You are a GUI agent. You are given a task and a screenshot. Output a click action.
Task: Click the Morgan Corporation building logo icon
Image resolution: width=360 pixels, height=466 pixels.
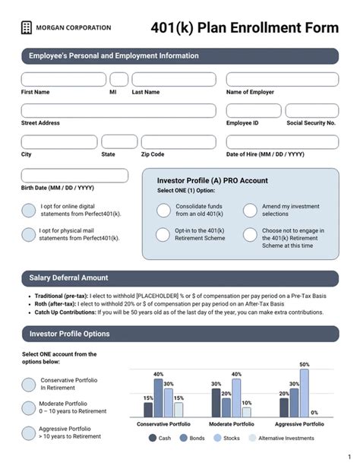pyautogui.click(x=27, y=27)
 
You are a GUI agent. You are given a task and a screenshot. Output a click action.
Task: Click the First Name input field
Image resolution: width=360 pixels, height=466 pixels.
pyautogui.click(x=64, y=79)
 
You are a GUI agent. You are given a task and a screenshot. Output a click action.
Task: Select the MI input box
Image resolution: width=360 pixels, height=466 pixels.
pyautogui.click(x=119, y=79)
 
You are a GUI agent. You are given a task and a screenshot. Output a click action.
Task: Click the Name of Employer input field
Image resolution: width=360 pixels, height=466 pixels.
pyautogui.click(x=282, y=79)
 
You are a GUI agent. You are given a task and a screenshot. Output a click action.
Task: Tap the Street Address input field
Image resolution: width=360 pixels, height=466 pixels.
pyautogui.click(x=118, y=110)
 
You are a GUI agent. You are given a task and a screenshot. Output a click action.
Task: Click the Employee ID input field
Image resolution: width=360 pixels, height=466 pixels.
pyautogui.click(x=252, y=110)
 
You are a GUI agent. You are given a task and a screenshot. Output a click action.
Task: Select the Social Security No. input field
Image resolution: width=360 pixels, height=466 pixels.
pyautogui.click(x=312, y=110)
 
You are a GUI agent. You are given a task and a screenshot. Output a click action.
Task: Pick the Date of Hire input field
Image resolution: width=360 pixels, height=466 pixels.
pyautogui.click(x=282, y=141)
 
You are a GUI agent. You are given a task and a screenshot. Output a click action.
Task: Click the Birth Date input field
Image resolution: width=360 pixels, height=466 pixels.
pyautogui.click(x=74, y=176)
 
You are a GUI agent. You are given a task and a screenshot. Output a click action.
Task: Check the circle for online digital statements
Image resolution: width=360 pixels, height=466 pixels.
pyautogui.click(x=28, y=211)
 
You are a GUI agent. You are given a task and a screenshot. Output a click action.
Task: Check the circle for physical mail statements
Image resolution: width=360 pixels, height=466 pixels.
pyautogui.click(x=28, y=235)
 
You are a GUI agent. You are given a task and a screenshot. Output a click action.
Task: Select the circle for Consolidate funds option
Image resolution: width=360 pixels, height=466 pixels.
pyautogui.click(x=163, y=211)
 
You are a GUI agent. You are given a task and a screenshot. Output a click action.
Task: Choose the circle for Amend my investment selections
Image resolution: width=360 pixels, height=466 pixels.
pyautogui.click(x=250, y=211)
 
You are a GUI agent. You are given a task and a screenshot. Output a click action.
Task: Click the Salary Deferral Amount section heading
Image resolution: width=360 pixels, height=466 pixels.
pyautogui.click(x=68, y=278)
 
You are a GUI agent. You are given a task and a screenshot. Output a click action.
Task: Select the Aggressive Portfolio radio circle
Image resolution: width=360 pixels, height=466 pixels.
pyautogui.click(x=28, y=433)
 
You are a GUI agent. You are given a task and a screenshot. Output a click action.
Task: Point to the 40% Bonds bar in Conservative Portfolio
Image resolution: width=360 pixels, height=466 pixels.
pyautogui.click(x=158, y=398)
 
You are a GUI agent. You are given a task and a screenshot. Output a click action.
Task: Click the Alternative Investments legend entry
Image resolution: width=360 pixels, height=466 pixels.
pyautogui.click(x=285, y=439)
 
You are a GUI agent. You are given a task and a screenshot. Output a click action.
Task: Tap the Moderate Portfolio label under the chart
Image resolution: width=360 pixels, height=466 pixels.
pyautogui.click(x=231, y=423)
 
